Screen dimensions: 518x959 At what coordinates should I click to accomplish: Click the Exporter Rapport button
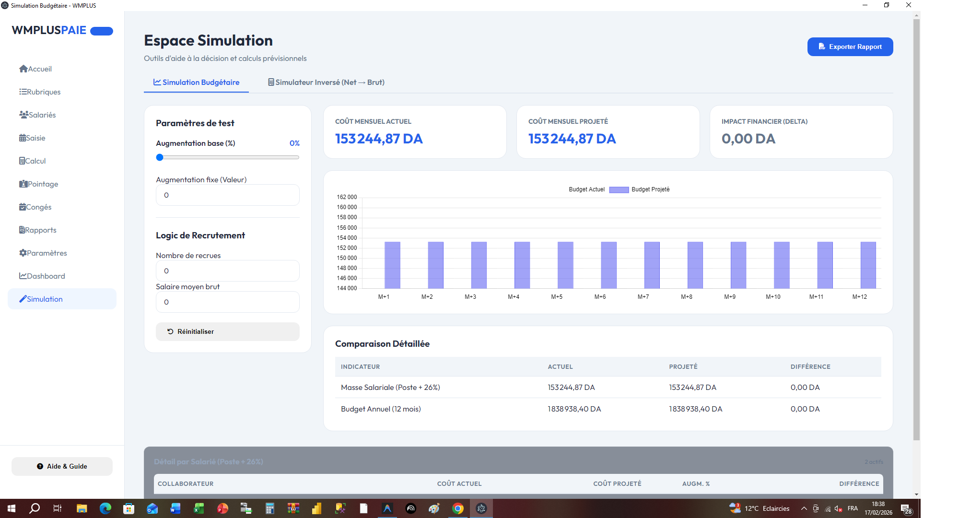pyautogui.click(x=850, y=47)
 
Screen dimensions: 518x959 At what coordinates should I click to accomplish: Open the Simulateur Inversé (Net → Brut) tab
pyautogui.click(x=326, y=82)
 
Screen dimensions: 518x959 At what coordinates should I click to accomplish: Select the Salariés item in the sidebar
pyautogui.click(x=38, y=115)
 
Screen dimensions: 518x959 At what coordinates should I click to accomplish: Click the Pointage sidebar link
pyautogui.click(x=39, y=184)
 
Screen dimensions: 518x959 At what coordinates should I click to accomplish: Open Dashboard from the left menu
pyautogui.click(x=42, y=276)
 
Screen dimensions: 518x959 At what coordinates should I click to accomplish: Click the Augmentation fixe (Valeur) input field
pyautogui.click(x=227, y=195)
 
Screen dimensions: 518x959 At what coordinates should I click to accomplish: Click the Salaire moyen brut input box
pyautogui.click(x=227, y=302)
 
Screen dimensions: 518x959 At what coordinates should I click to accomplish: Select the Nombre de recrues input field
pyautogui.click(x=227, y=271)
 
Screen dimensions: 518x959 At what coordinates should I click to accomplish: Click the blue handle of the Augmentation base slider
pyautogui.click(x=160, y=157)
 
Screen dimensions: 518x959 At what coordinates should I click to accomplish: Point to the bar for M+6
pyautogui.click(x=608, y=265)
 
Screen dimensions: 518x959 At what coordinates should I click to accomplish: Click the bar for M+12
pyautogui.click(x=868, y=265)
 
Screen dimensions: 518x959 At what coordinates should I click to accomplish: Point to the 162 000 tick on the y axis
pyautogui.click(x=347, y=197)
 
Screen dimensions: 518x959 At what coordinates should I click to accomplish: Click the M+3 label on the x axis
pyautogui.click(x=470, y=297)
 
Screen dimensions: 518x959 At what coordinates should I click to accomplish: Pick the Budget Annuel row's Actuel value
pyautogui.click(x=574, y=409)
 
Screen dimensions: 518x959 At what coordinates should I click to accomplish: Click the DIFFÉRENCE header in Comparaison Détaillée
pyautogui.click(x=810, y=366)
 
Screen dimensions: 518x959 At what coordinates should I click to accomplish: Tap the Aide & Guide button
pyautogui.click(x=62, y=466)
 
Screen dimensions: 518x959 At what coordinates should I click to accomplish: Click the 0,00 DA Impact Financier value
pyautogui.click(x=748, y=139)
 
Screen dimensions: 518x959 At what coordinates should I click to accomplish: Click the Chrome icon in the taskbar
pyautogui.click(x=458, y=508)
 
